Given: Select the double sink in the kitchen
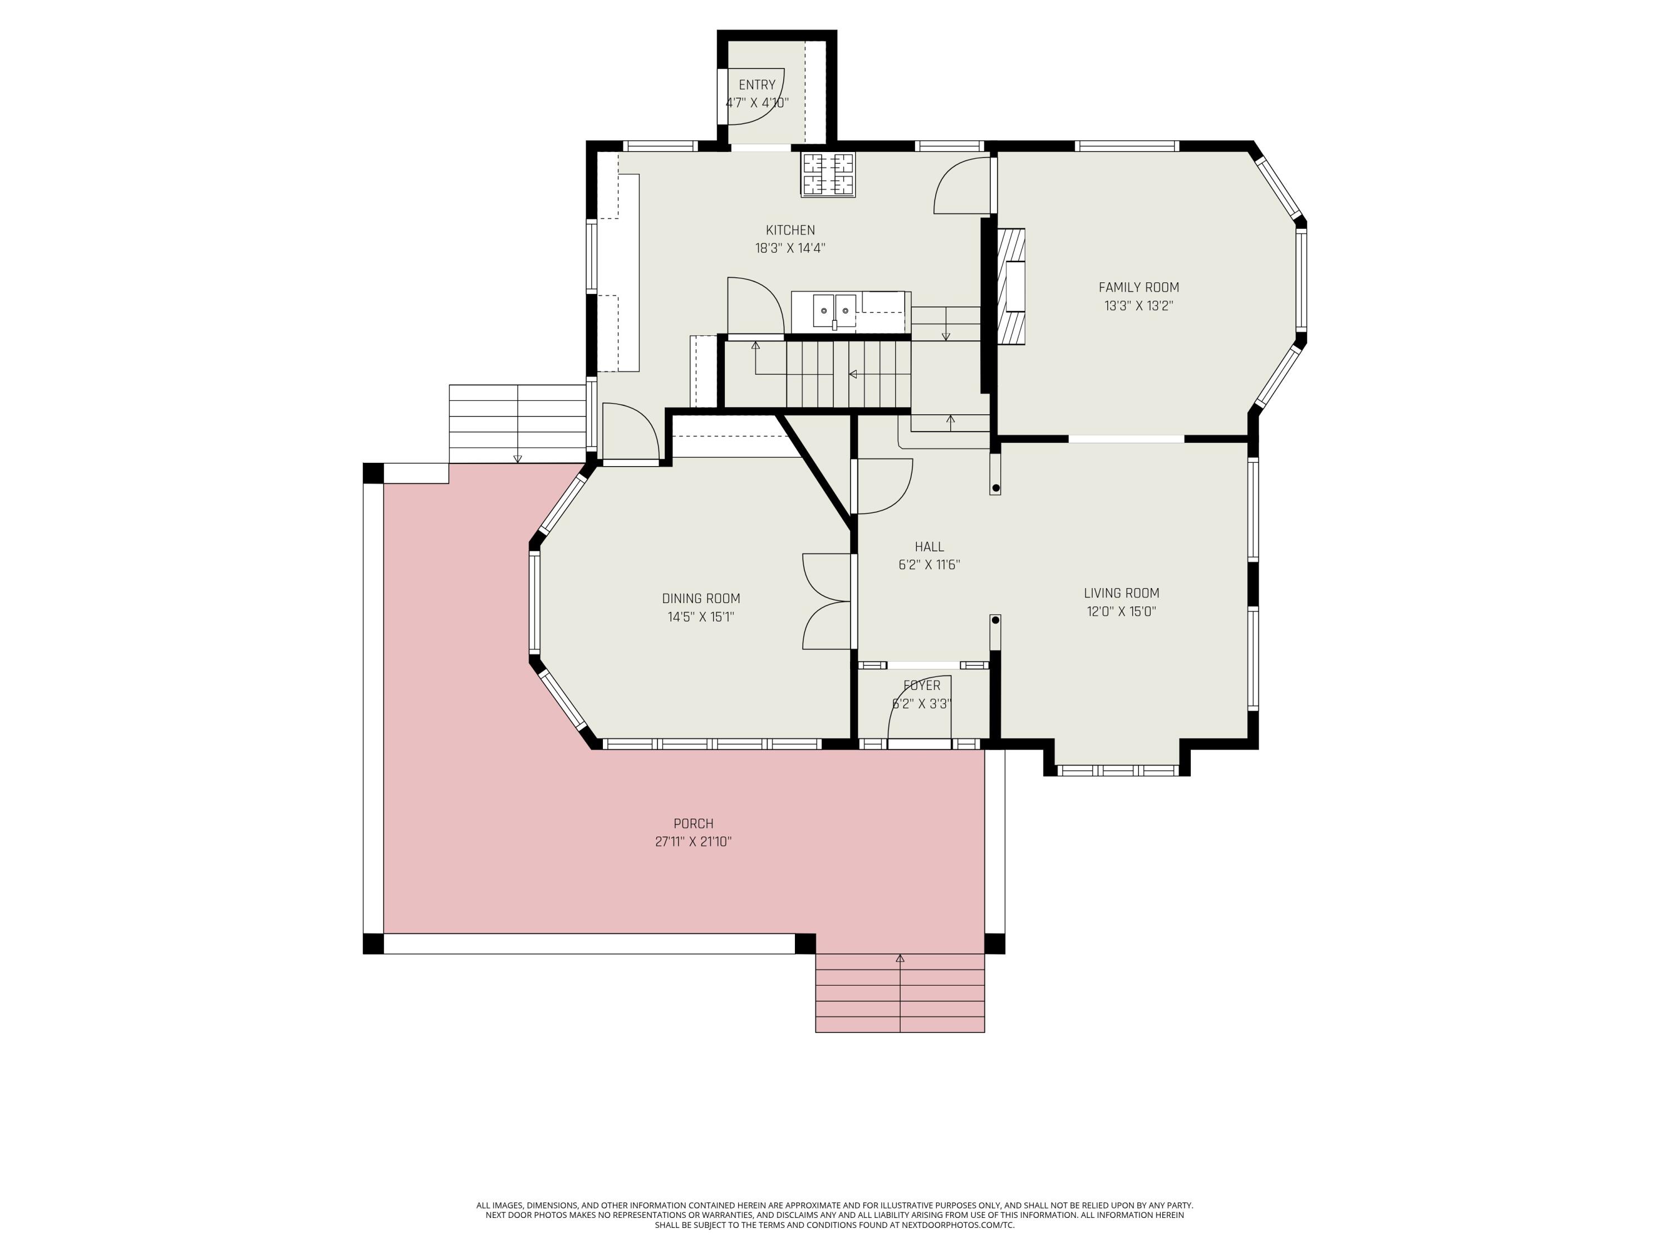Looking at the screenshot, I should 834,310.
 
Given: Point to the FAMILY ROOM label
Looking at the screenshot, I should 1138,287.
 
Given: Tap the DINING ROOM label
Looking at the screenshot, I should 701,599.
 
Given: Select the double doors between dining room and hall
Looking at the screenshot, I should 827,601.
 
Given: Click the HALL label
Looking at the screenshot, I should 929,547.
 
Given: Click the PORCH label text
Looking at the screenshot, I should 693,823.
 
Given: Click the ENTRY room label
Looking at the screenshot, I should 757,85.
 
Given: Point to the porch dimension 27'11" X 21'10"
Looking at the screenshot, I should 693,841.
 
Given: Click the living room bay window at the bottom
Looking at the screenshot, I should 1117,770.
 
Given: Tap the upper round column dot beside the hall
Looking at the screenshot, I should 995,488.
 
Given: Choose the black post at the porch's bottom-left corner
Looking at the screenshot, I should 373,944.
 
